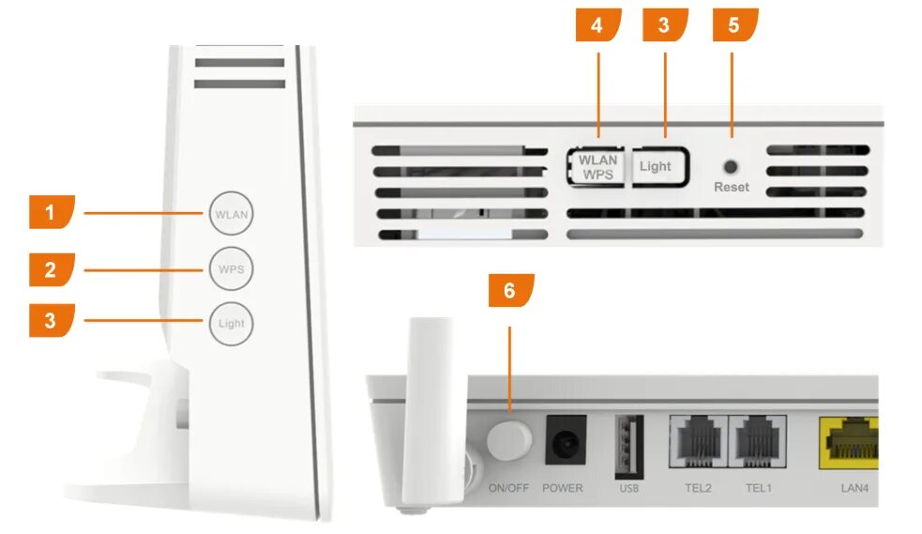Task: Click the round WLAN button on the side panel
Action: point(232,214)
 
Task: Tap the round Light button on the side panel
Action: point(232,324)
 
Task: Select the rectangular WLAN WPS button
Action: point(597,167)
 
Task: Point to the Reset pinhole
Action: point(732,166)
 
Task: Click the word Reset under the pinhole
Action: point(732,187)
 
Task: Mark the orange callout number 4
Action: point(597,25)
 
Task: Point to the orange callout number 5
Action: point(734,25)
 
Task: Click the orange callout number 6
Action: point(510,292)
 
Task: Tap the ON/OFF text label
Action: point(509,488)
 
